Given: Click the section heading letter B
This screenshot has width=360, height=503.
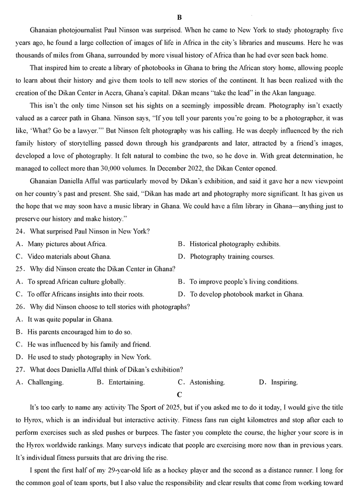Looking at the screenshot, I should [x=180, y=18].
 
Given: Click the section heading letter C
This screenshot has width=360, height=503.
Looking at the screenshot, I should [x=180, y=395].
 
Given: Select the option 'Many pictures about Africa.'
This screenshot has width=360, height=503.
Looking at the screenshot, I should [x=67, y=244].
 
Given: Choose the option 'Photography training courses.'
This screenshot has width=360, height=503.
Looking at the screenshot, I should [x=232, y=256].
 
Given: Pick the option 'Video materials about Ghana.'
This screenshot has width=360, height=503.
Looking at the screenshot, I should [x=69, y=256].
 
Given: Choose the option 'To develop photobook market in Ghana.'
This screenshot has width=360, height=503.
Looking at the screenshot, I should [x=246, y=294].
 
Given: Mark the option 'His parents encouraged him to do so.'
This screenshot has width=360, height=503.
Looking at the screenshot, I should [x=80, y=332].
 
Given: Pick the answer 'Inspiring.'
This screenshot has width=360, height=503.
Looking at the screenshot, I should [x=284, y=382].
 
